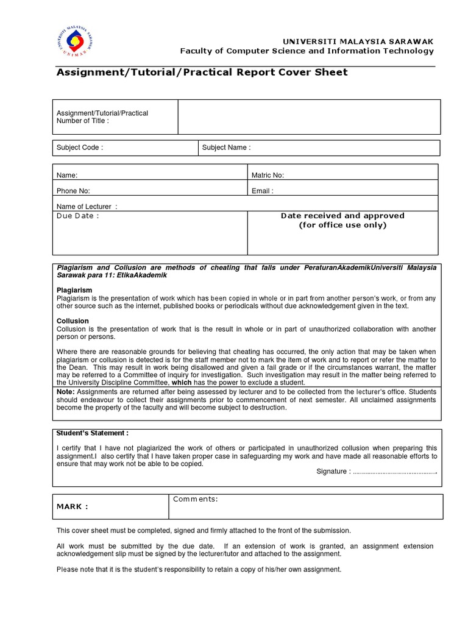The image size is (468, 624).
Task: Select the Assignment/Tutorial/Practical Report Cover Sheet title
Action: click(202, 73)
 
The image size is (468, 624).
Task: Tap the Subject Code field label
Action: click(80, 147)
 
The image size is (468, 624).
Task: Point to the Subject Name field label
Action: click(226, 147)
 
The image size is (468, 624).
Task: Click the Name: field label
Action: click(67, 175)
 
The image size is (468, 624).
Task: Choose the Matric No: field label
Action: click(268, 175)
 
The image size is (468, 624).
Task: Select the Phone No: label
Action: click(74, 191)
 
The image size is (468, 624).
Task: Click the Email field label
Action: click(263, 191)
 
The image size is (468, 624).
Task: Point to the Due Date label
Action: click(77, 216)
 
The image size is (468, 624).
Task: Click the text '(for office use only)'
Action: click(342, 225)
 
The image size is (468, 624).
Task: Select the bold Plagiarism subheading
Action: click(73, 290)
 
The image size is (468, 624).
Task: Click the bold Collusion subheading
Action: click(73, 321)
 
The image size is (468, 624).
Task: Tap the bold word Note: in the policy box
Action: click(66, 391)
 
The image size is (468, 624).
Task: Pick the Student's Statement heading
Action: click(93, 433)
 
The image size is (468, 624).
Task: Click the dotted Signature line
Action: click(395, 472)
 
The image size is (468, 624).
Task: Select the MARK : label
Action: click(73, 506)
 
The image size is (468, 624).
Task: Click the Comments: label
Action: click(196, 499)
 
